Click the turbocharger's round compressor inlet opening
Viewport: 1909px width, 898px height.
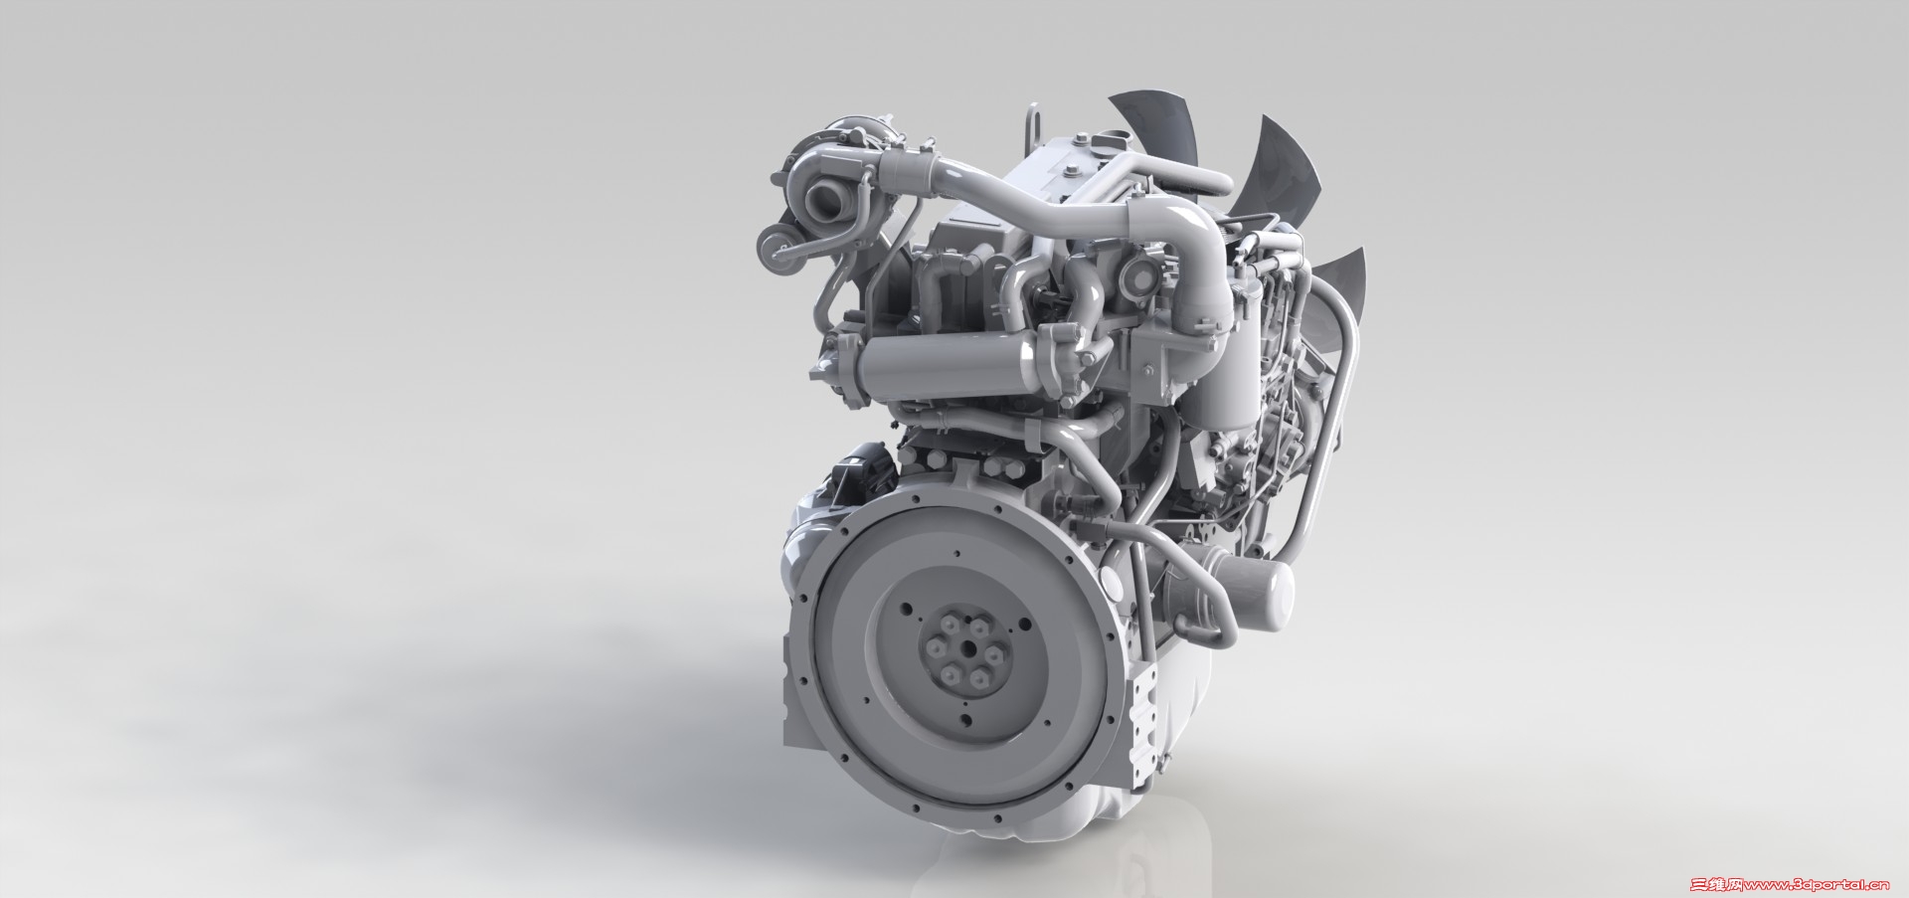point(824,203)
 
